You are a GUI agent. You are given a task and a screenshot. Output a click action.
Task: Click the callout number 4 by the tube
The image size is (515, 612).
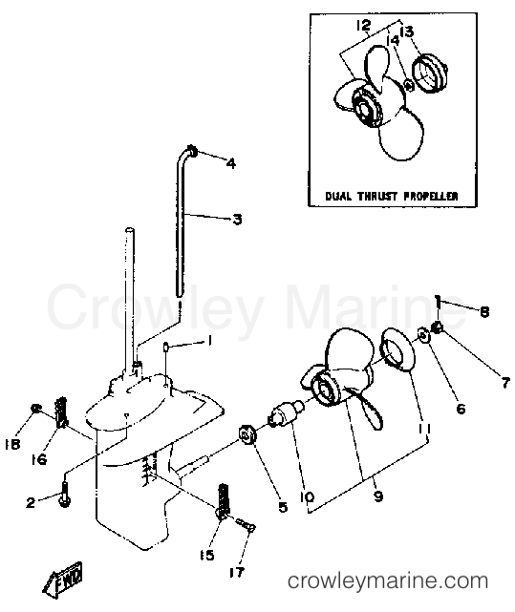click(x=231, y=163)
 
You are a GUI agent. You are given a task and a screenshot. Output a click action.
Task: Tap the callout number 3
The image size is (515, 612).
click(x=237, y=220)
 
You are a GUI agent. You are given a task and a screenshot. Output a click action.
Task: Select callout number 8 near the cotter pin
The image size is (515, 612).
click(x=484, y=312)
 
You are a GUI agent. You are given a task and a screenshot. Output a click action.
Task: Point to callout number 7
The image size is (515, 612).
click(x=505, y=383)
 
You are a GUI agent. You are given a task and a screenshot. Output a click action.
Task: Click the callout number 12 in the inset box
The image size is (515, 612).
click(x=363, y=26)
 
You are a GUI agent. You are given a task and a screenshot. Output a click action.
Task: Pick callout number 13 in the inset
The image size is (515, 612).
click(x=406, y=32)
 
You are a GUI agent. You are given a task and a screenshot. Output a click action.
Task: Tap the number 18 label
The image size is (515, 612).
click(x=12, y=444)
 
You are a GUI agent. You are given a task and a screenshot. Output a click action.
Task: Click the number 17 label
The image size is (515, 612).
click(x=237, y=572)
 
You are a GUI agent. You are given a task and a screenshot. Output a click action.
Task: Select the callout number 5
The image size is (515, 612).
click(x=283, y=507)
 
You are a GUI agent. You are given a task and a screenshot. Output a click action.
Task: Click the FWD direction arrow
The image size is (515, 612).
click(x=63, y=580)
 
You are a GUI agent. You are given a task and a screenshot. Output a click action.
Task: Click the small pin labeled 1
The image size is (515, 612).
click(x=165, y=346)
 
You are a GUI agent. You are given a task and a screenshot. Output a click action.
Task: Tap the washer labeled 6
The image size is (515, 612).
click(x=423, y=334)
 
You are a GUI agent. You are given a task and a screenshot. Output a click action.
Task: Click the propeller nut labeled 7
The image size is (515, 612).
click(x=438, y=327)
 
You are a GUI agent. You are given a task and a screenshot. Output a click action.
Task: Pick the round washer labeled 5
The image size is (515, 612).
click(x=247, y=434)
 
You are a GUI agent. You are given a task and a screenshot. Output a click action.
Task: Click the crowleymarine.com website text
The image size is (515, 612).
click(x=388, y=580)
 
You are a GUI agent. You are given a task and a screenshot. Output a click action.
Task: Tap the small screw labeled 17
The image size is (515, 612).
click(x=246, y=524)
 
